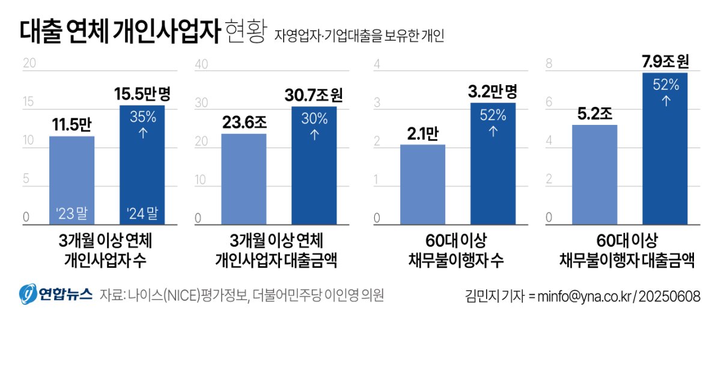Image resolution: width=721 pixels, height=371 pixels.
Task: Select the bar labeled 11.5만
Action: click(x=71, y=180)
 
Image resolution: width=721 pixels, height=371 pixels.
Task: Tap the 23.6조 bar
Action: click(x=243, y=180)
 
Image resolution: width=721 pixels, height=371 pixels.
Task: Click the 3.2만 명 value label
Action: click(x=493, y=91)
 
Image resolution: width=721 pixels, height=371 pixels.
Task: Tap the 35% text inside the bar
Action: click(x=142, y=118)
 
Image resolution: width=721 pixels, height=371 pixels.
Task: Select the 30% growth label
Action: click(x=314, y=119)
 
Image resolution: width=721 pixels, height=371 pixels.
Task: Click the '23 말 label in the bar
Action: click(x=71, y=213)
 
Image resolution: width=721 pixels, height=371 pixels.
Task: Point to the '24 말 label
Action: click(x=142, y=213)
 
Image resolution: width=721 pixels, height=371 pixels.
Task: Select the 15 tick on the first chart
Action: click(x=28, y=103)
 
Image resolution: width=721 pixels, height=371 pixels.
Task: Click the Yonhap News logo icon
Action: click(x=28, y=294)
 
